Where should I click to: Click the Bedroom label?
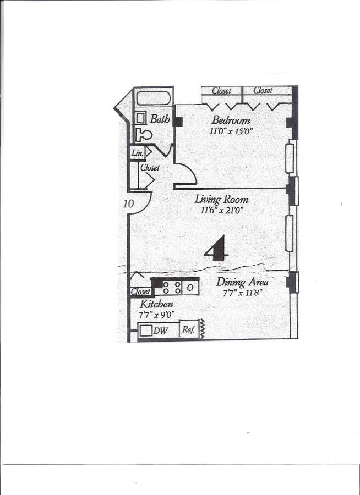[x=231, y=120]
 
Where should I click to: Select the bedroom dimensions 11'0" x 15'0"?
[x=231, y=131]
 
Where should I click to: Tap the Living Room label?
[x=222, y=200]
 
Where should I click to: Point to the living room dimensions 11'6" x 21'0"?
[x=222, y=210]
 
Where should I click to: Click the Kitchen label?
[x=157, y=304]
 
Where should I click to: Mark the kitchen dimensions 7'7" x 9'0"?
[x=157, y=315]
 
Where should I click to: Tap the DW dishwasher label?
[x=160, y=331]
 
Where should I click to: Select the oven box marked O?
[x=189, y=287]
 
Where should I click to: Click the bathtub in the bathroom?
[x=154, y=100]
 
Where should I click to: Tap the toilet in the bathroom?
[x=144, y=134]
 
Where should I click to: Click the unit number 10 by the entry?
[x=128, y=204]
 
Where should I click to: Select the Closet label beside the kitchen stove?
[x=140, y=292]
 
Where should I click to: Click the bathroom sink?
[x=141, y=119]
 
